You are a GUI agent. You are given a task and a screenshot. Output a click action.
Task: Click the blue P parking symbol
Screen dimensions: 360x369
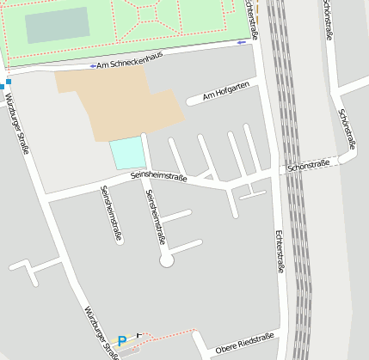pos(122,341)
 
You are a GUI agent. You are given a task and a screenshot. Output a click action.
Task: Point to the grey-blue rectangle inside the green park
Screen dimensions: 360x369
pos(57,25)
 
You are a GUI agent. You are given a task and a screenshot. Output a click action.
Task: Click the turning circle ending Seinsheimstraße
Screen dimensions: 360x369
pos(167,259)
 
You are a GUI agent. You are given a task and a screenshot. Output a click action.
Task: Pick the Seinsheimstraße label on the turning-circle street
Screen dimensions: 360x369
pos(155,217)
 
